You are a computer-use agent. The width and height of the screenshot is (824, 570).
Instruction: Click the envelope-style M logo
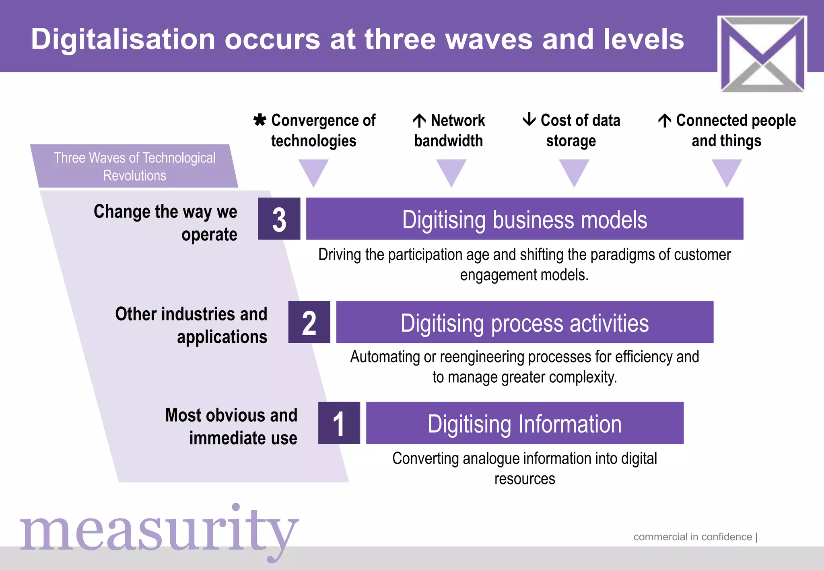click(762, 53)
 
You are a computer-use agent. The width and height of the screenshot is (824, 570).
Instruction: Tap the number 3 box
click(279, 219)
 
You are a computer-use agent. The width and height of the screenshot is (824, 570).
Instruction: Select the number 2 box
click(309, 322)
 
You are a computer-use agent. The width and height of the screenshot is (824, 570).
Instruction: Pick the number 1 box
click(339, 423)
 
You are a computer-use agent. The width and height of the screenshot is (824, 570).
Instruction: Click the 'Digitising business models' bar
click(524, 219)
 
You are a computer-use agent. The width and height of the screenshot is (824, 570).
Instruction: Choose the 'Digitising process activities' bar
click(524, 322)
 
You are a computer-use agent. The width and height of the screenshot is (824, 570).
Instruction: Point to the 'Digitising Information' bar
click(524, 423)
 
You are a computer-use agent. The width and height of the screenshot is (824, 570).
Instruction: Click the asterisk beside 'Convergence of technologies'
click(260, 120)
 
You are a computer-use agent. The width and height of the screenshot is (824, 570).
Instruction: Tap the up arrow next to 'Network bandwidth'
click(419, 120)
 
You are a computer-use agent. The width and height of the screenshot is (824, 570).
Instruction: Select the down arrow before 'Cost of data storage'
click(529, 119)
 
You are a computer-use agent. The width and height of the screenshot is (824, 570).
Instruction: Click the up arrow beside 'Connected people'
click(665, 120)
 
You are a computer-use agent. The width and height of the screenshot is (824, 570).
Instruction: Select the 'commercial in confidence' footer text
click(692, 537)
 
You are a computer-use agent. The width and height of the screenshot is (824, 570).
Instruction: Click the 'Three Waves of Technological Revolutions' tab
click(134, 166)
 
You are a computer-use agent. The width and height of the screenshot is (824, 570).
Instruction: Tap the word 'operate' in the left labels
click(209, 235)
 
